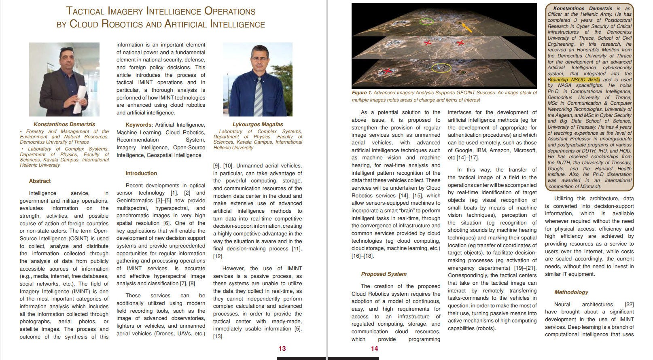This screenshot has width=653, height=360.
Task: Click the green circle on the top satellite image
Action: [x=426, y=21]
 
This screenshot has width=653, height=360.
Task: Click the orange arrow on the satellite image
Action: [x=467, y=28]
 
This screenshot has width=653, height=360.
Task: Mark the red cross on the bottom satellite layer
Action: [x=388, y=71]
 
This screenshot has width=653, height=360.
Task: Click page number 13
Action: [x=282, y=348]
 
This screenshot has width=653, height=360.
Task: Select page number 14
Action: [x=374, y=348]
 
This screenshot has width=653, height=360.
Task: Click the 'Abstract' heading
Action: [x=40, y=181]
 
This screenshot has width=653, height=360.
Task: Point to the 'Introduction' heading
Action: [x=141, y=173]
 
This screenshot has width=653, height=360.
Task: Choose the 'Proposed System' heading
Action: [x=384, y=274]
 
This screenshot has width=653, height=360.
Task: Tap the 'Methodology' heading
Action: [x=571, y=292]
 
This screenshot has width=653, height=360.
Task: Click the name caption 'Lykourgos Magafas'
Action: [x=258, y=124]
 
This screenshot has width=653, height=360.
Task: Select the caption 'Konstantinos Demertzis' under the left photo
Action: [x=64, y=124]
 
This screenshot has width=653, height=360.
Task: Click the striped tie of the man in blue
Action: [x=258, y=97]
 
